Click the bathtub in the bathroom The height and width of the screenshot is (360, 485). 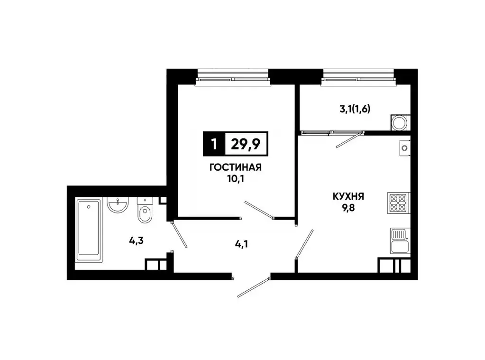[x=89, y=230]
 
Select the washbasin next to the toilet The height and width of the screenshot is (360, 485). [x=117, y=205]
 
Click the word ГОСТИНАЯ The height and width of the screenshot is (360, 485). [x=236, y=167]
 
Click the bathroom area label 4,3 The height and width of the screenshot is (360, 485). [x=137, y=240]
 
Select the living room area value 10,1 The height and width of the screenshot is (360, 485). [x=236, y=179]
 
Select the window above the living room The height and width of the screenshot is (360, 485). [x=233, y=76]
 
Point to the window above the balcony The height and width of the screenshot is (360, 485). [x=358, y=76]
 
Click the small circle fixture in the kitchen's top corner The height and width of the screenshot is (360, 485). [x=404, y=148]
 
